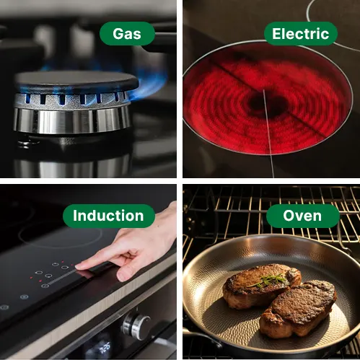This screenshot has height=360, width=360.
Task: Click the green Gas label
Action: pyautogui.click(x=127, y=33)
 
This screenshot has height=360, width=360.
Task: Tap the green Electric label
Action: pyautogui.click(x=301, y=33)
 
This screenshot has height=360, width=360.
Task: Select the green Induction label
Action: pyautogui.click(x=109, y=216)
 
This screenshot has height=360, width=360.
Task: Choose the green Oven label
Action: pyautogui.click(x=303, y=216)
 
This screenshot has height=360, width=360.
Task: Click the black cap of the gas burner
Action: pyautogui.click(x=76, y=81)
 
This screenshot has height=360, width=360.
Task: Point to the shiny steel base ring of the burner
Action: pyautogui.click(x=71, y=120)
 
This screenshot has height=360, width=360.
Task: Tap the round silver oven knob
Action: pyautogui.click(x=136, y=325)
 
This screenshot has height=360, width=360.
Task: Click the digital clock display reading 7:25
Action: pyautogui.click(x=105, y=348)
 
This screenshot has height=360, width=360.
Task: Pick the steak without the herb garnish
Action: pyautogui.click(x=298, y=309)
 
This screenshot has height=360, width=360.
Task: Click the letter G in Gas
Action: pyautogui.click(x=118, y=34)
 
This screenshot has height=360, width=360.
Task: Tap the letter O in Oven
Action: pyautogui.click(x=289, y=216)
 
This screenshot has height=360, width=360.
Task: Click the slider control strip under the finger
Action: pyautogui.click(x=63, y=278)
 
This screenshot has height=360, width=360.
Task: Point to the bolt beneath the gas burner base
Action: pyautogui.click(x=24, y=143)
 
